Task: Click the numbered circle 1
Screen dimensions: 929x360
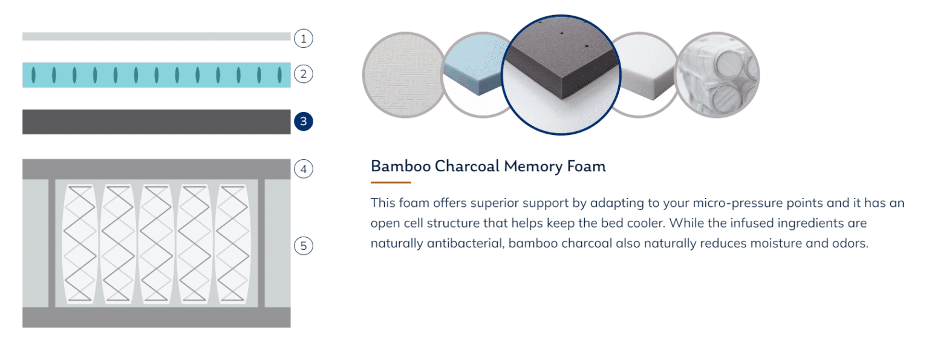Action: click(x=303, y=39)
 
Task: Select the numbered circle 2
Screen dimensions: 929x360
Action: click(x=303, y=74)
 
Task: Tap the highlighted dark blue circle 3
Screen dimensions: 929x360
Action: click(x=303, y=122)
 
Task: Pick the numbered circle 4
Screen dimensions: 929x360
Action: click(x=303, y=169)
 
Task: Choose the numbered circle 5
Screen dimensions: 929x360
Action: click(x=303, y=246)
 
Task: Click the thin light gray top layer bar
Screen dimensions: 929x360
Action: click(x=157, y=36)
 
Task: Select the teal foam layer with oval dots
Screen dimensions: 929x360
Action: click(x=157, y=75)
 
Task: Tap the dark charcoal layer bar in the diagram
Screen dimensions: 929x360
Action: click(x=157, y=122)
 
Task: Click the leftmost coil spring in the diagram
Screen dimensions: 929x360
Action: click(x=80, y=243)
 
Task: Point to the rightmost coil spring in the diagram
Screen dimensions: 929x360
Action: click(x=233, y=243)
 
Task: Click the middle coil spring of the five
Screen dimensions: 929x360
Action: click(x=157, y=243)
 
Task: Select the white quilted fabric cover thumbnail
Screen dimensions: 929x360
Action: click(x=403, y=75)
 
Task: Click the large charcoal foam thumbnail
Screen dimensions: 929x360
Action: click(x=561, y=74)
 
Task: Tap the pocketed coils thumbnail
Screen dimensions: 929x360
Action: click(x=717, y=75)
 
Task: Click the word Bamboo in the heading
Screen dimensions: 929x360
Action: click(x=400, y=166)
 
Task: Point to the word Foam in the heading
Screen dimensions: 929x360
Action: click(x=587, y=166)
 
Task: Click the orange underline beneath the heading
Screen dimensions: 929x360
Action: click(x=391, y=182)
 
